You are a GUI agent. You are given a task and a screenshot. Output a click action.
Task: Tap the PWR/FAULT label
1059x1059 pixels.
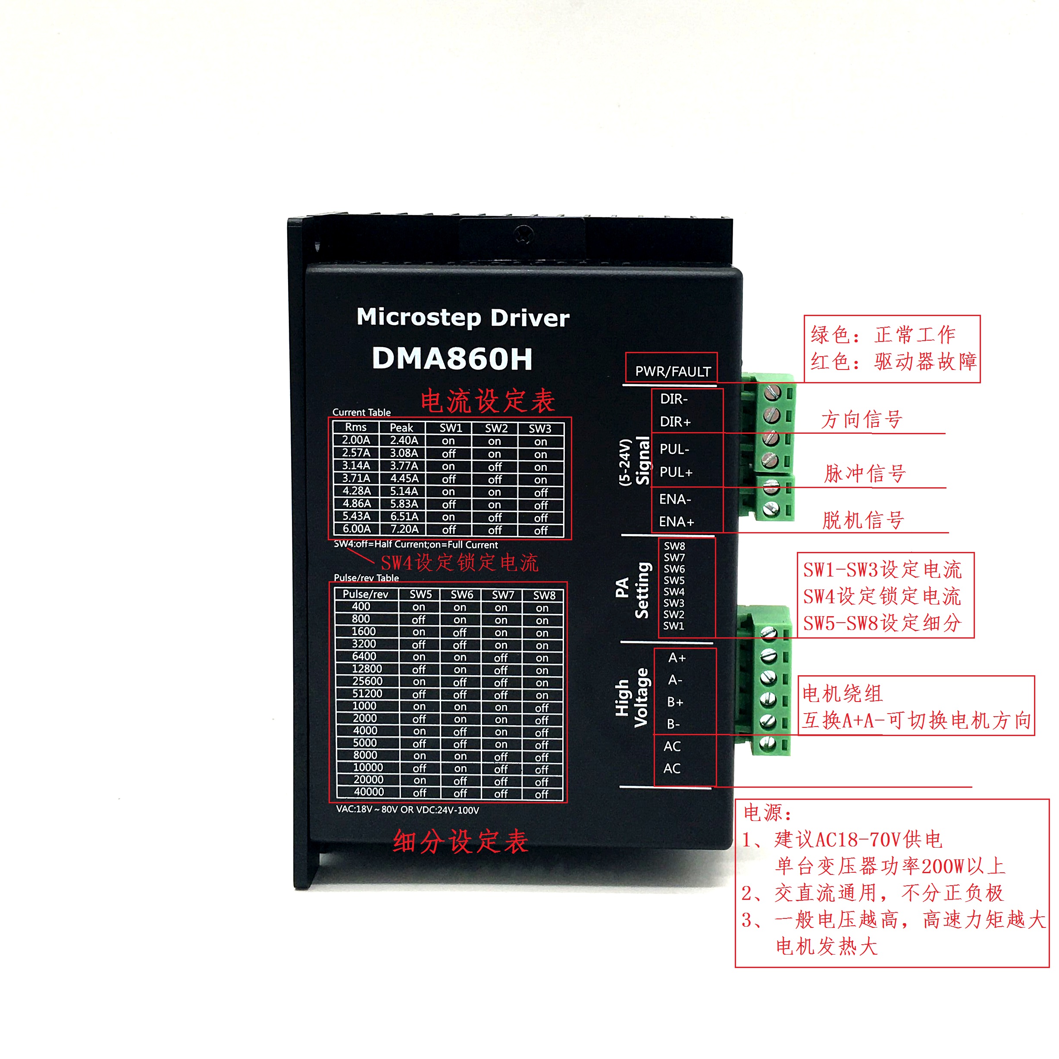(673, 371)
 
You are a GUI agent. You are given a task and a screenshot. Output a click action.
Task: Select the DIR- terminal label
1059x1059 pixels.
(674, 399)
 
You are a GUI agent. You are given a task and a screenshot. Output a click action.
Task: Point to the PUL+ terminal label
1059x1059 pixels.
(676, 472)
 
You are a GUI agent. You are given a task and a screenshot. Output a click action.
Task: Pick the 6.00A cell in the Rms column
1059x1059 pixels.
(356, 529)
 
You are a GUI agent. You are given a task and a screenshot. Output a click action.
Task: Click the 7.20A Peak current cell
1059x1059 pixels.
(404, 529)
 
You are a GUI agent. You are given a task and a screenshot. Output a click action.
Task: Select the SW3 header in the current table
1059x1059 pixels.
(540, 429)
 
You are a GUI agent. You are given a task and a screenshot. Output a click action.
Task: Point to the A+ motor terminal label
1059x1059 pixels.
(677, 658)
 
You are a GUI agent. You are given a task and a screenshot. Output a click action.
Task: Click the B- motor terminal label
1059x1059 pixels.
(674, 724)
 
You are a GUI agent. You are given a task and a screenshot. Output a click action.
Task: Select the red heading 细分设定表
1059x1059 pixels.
(461, 841)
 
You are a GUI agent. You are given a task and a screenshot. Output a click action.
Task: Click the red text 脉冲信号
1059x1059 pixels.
(865, 473)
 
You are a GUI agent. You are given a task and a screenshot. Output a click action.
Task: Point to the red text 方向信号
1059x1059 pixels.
(862, 420)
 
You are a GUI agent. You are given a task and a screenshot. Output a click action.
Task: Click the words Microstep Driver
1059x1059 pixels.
(463, 318)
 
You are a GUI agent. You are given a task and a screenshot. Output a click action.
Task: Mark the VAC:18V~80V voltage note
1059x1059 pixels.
(407, 810)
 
